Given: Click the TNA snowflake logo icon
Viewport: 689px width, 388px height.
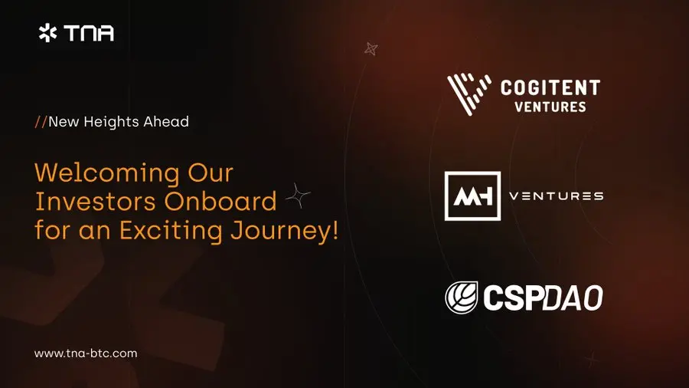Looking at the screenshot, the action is click(47, 33).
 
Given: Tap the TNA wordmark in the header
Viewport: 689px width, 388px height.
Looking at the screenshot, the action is click(89, 33).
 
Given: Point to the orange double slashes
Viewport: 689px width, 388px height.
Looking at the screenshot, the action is click(41, 121).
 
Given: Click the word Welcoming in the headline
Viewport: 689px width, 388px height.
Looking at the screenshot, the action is click(107, 173).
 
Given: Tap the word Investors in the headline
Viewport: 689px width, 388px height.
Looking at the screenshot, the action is click(96, 202).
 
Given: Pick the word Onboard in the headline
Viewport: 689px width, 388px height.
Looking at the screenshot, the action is click(220, 201).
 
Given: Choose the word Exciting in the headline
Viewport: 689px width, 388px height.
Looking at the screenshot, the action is click(171, 231).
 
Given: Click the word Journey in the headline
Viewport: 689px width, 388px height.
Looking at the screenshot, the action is click(279, 232).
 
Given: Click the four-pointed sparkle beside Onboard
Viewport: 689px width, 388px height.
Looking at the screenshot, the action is click(298, 196).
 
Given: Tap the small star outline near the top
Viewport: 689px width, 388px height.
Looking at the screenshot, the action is click(371, 49).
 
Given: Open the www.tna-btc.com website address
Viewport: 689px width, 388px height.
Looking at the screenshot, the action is click(86, 353).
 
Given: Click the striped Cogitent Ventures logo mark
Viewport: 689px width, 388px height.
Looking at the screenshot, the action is click(469, 94).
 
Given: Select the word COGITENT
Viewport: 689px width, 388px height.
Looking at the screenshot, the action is click(550, 87).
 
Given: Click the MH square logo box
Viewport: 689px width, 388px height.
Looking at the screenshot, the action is click(473, 196).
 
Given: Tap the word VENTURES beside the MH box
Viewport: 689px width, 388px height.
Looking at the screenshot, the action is click(557, 196).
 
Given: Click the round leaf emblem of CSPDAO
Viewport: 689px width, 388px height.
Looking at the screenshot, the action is click(462, 298).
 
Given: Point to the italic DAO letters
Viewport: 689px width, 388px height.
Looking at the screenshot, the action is click(573, 298).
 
